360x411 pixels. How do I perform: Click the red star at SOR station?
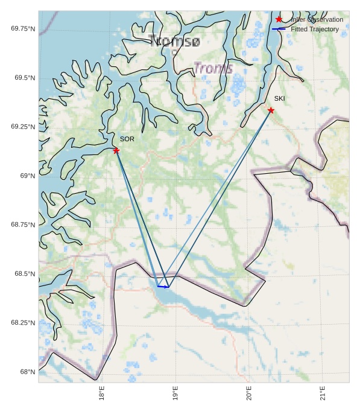[x=116, y=150]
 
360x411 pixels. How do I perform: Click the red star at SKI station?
[x=271, y=110]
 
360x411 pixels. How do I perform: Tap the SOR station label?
[x=127, y=139]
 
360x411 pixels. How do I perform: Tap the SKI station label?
[x=279, y=98]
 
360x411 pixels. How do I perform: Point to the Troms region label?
[x=213, y=68]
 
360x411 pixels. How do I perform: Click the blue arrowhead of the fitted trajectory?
[x=167, y=287]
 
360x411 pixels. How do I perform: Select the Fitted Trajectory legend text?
[x=315, y=29]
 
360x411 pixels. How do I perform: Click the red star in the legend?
[x=279, y=19]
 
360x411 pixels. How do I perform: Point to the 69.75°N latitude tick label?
[x=23, y=29]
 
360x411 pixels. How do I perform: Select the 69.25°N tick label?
[x=23, y=127]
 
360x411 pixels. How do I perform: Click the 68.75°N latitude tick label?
[x=23, y=225]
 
